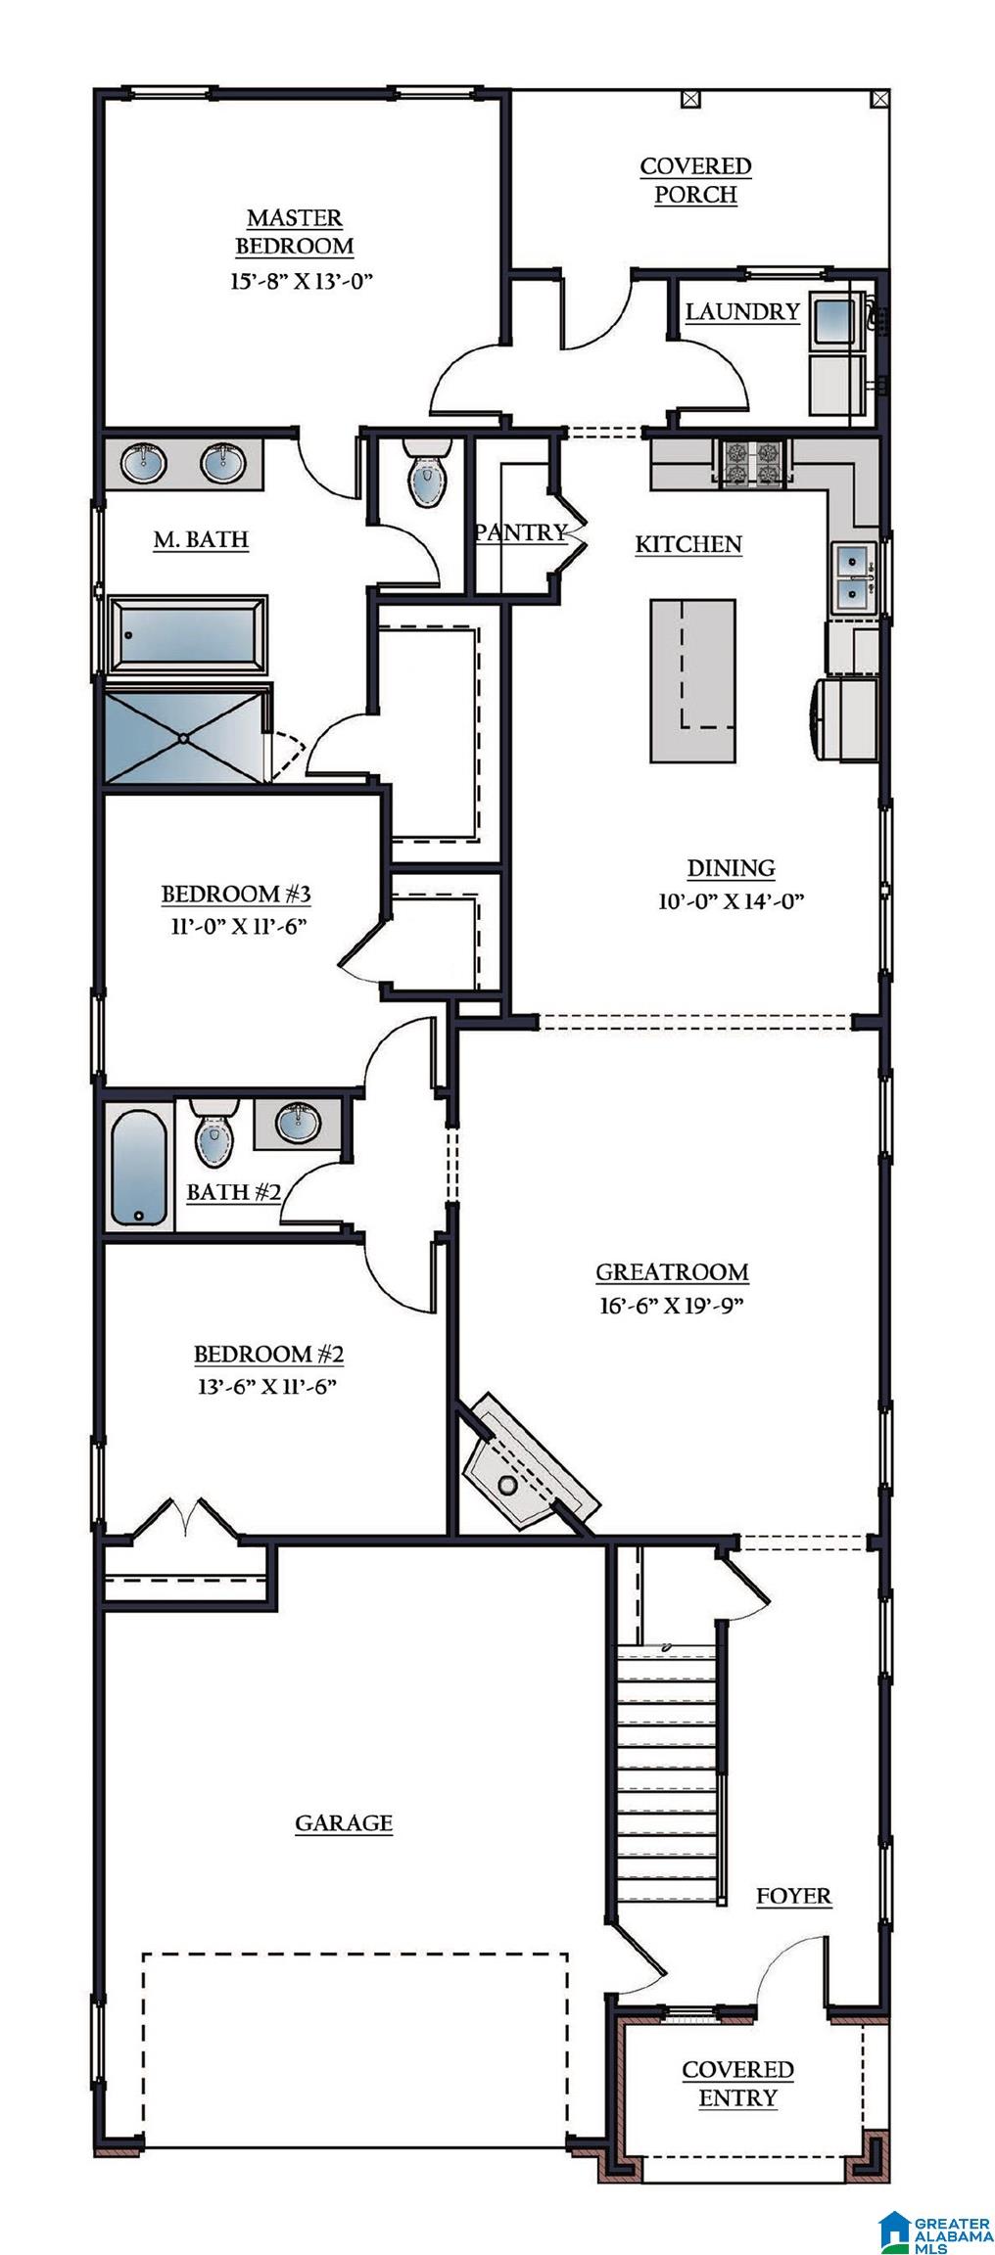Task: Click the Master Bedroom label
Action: (x=295, y=231)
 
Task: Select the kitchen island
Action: (x=693, y=680)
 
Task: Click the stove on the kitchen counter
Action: (x=755, y=463)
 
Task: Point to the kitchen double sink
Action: (x=854, y=576)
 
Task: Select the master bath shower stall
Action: (x=185, y=737)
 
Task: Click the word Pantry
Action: (x=521, y=531)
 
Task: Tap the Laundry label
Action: (x=742, y=311)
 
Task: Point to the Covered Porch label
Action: (x=695, y=180)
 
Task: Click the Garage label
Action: (x=344, y=1822)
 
